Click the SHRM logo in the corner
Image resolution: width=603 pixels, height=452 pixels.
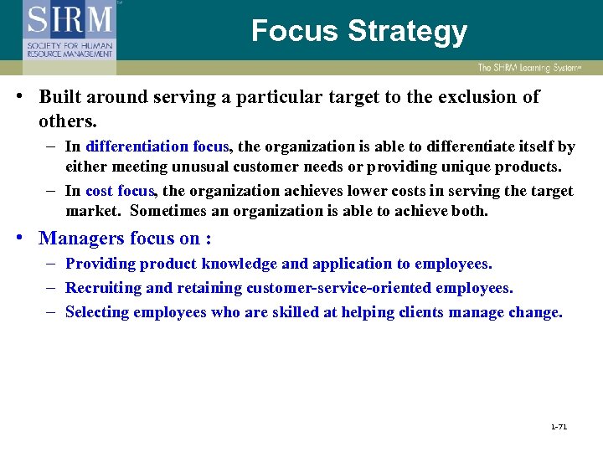pyautogui.click(x=70, y=30)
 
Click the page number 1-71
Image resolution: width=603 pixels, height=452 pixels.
pyautogui.click(x=559, y=427)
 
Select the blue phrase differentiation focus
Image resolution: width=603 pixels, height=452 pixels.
pyautogui.click(x=157, y=146)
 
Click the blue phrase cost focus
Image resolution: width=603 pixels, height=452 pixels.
pyautogui.click(x=120, y=191)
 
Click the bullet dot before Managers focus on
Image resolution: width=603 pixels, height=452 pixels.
pyautogui.click(x=18, y=238)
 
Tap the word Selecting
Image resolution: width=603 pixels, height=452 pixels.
pyautogui.click(x=98, y=312)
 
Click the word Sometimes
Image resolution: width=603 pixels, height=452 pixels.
pyautogui.click(x=171, y=211)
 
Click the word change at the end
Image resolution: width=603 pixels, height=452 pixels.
pyautogui.click(x=539, y=312)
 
